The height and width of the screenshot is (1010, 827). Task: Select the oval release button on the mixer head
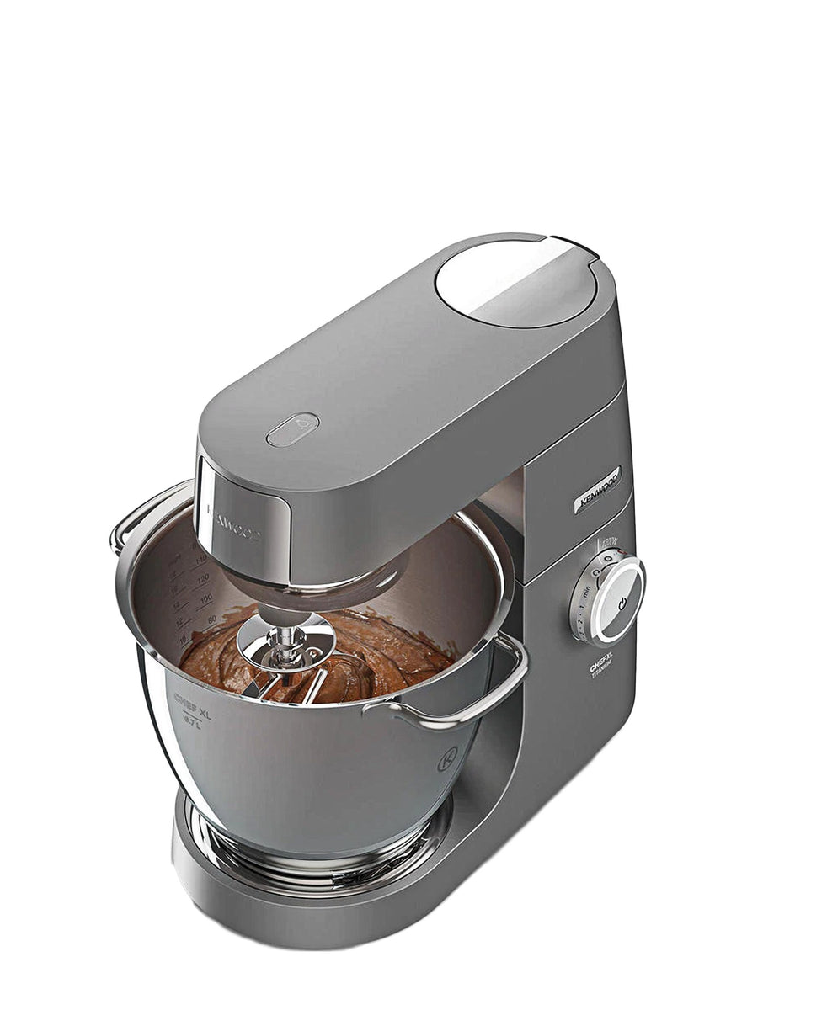point(292,429)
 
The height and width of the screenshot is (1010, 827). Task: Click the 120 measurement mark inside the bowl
point(202,580)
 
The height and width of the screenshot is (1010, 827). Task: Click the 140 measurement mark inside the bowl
point(200,559)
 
